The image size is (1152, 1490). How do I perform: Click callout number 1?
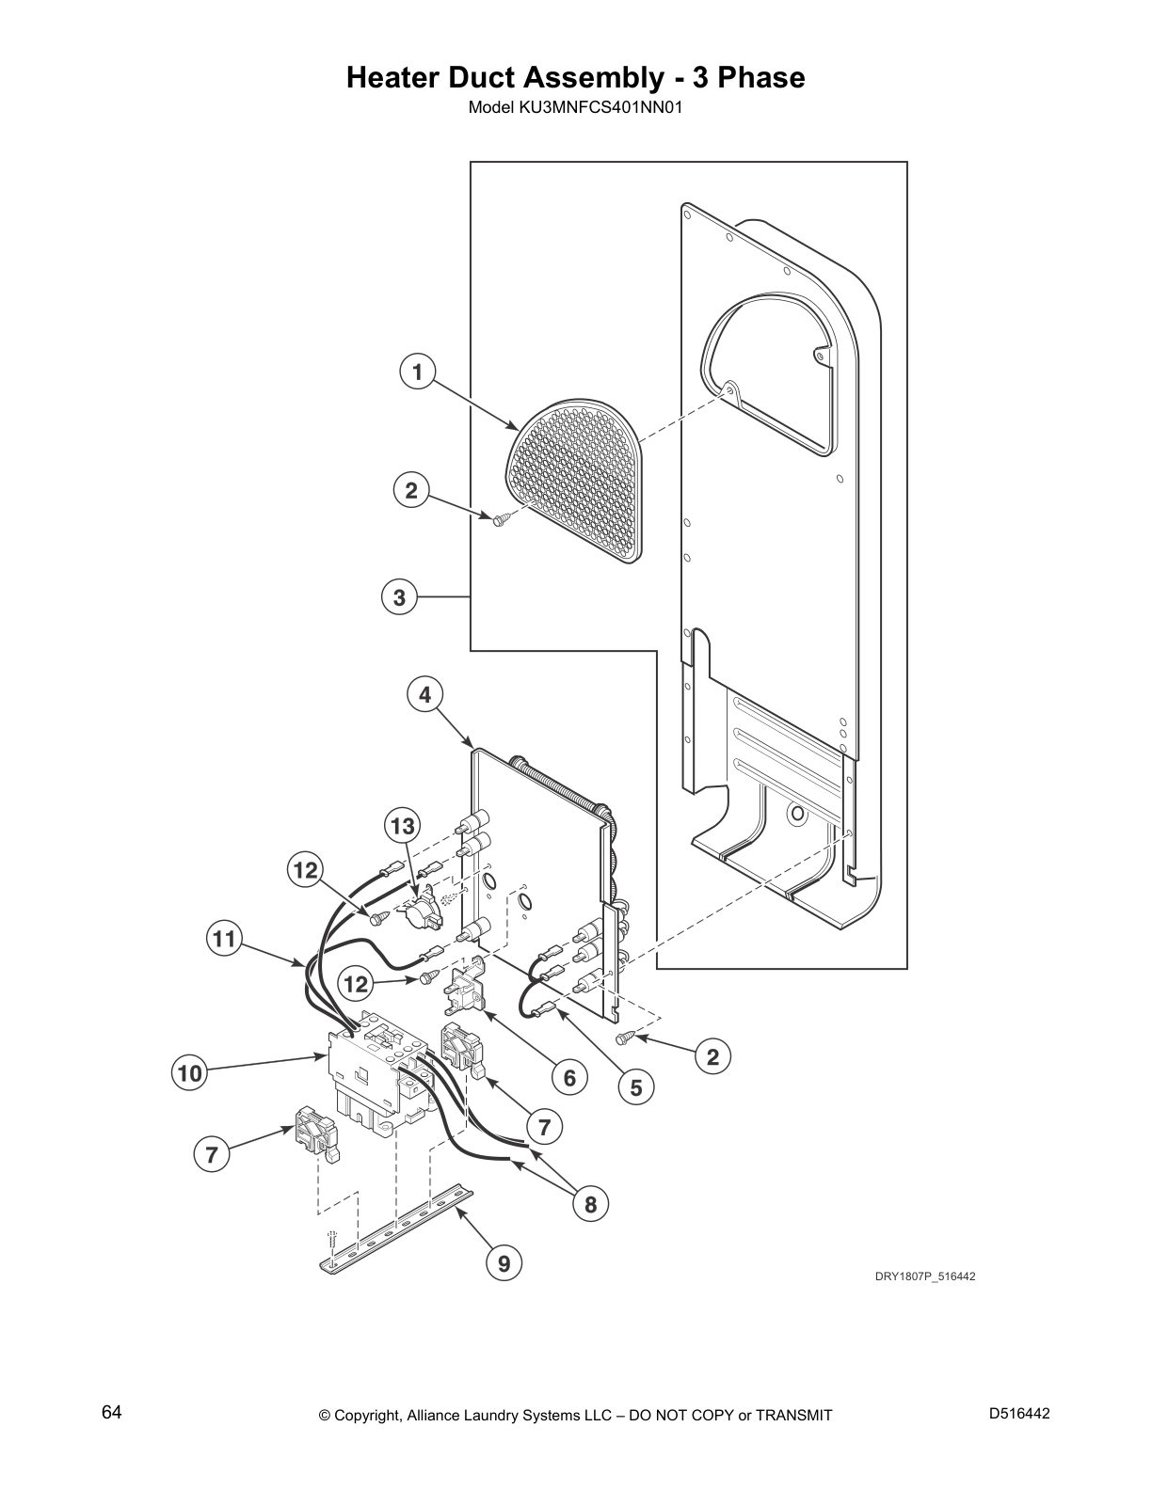click(417, 372)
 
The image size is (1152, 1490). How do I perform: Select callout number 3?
click(399, 596)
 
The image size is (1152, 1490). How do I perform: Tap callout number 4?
click(424, 695)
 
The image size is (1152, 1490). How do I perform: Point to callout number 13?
click(402, 827)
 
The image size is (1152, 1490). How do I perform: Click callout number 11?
click(224, 939)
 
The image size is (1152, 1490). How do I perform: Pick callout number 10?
click(189, 1072)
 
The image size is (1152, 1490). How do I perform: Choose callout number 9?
click(504, 1263)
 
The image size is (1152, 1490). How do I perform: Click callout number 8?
click(590, 1204)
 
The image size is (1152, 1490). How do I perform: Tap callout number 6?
click(569, 1077)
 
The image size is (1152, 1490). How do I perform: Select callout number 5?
click(636, 1087)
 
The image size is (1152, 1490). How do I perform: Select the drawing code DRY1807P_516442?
click(925, 1276)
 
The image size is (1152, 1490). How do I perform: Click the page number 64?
click(112, 1413)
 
